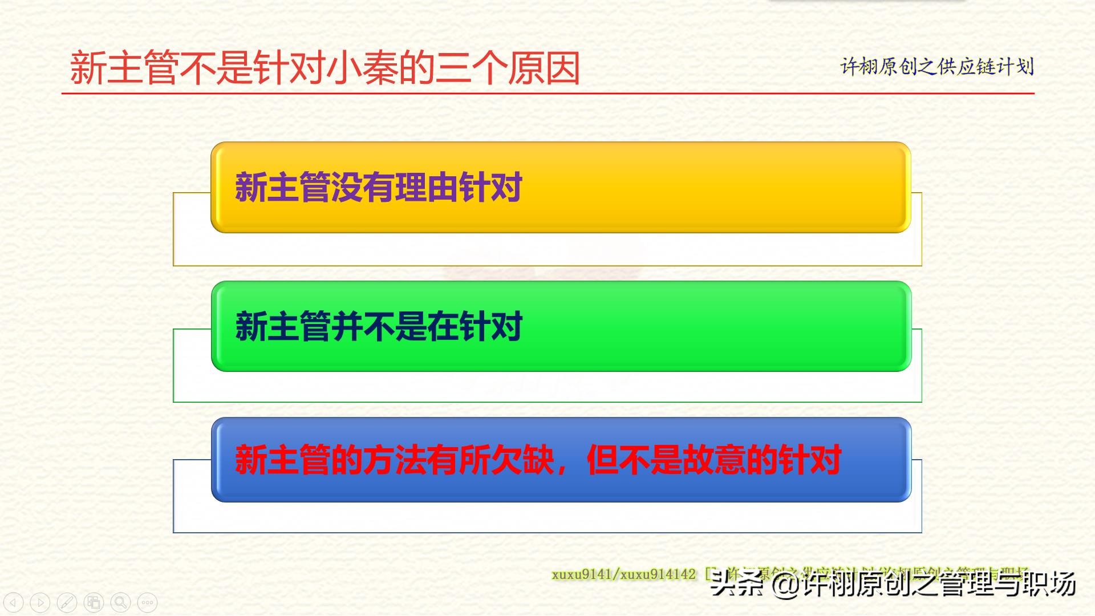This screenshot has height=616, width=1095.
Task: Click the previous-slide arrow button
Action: pos(14,602)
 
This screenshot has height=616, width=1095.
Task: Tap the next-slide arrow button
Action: pos(40,602)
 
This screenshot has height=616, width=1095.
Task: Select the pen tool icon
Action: pos(67,602)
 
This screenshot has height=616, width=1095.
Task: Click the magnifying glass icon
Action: pos(120,602)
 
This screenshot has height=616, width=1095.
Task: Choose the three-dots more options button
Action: pos(147,602)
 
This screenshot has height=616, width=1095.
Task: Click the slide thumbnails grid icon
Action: pos(94,602)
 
